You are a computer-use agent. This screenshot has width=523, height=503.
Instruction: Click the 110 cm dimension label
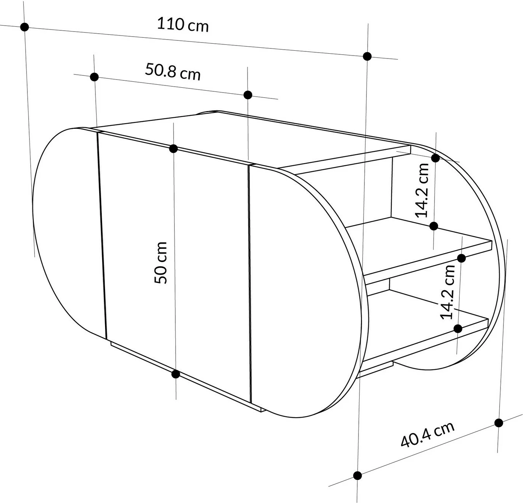coord(183,25)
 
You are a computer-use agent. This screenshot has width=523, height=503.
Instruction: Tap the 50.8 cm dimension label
coord(173,72)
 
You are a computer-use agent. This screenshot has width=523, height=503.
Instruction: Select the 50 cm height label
coord(161,262)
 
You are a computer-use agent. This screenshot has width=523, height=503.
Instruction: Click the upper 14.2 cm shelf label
coord(422,191)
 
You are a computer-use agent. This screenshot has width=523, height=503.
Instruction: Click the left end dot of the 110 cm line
coord(25,27)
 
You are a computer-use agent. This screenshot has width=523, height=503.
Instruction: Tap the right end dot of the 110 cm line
coord(367,56)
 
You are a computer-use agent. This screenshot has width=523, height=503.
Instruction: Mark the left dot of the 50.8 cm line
coord(94,77)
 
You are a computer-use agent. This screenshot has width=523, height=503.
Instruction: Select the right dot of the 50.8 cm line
coord(248,95)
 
